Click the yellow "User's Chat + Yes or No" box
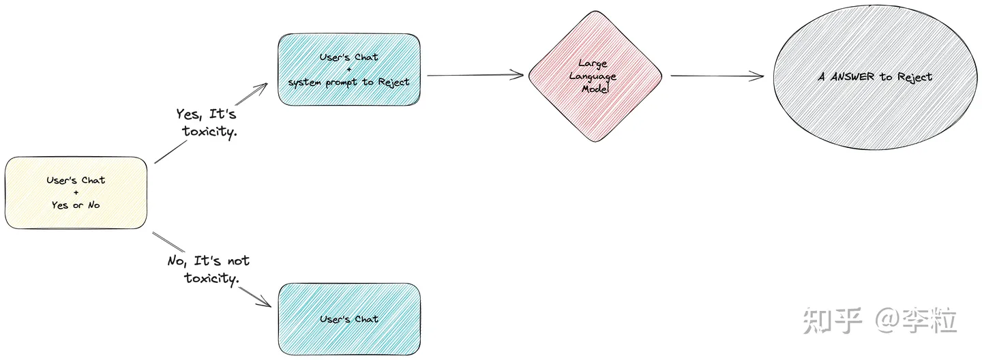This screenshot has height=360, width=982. click(x=76, y=192)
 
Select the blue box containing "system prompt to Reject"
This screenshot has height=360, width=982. click(x=348, y=70)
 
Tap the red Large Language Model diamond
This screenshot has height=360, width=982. click(x=595, y=76)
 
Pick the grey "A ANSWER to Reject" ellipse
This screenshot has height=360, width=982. click(x=876, y=76)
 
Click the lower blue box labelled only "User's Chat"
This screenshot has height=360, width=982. click(x=348, y=319)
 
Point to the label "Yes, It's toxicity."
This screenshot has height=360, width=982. click(x=207, y=123)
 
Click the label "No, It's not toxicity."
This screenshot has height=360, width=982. click(x=209, y=269)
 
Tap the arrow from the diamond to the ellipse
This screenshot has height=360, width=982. click(x=717, y=76)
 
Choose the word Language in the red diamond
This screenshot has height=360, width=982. click(x=593, y=76)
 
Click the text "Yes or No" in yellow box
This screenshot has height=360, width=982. click(x=76, y=205)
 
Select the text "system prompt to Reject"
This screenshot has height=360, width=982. click(x=348, y=82)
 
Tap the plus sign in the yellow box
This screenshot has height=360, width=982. click(x=76, y=193)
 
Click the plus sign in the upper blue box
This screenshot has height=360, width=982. click(x=348, y=70)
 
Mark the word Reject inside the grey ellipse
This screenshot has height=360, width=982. click(x=914, y=77)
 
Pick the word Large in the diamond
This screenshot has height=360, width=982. click(x=593, y=64)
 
